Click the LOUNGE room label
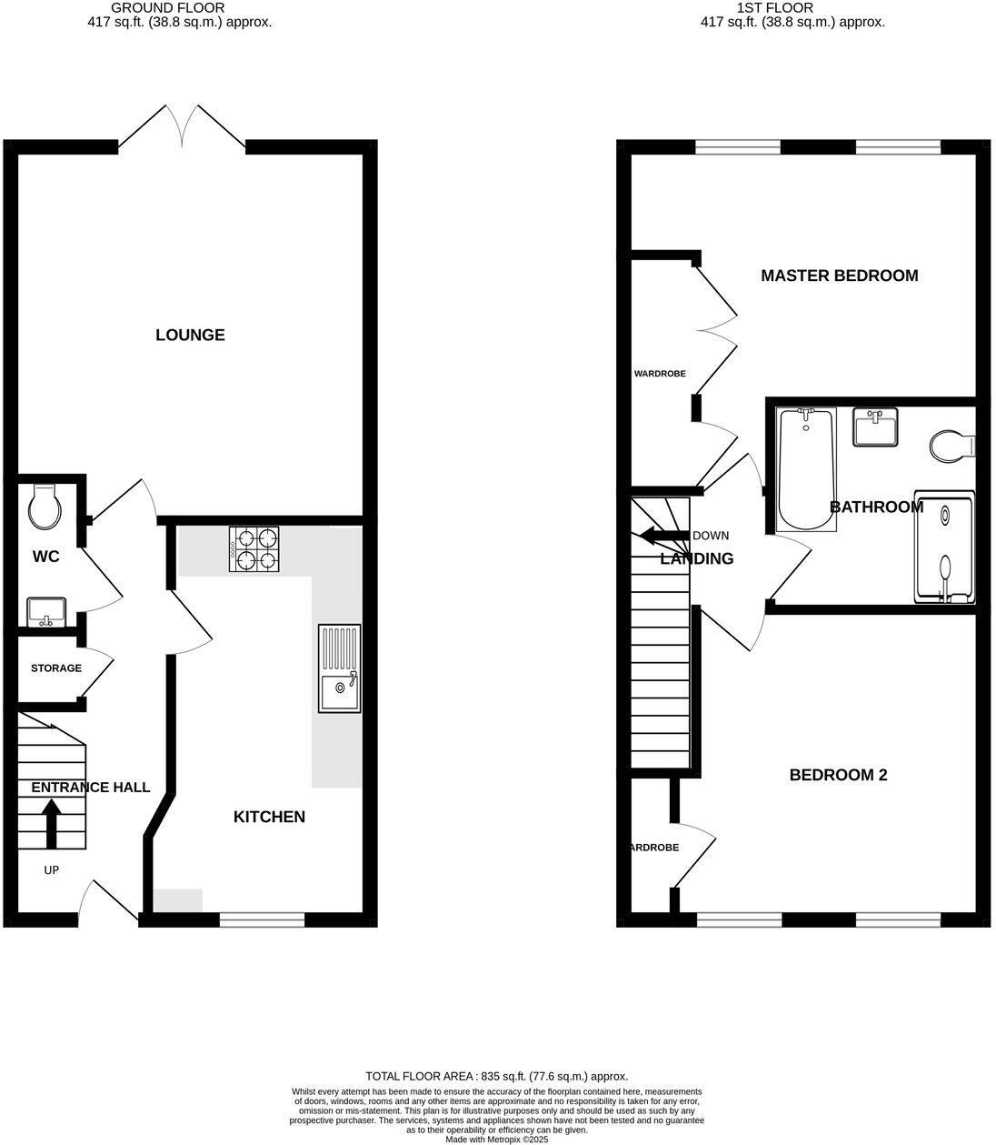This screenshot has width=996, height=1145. pyautogui.click(x=190, y=335)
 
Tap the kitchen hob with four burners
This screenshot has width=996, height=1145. pyautogui.click(x=254, y=550)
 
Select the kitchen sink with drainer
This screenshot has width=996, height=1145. pyautogui.click(x=339, y=668)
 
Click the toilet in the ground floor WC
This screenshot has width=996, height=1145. pyautogui.click(x=45, y=507)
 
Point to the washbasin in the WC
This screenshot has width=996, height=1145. pyautogui.click(x=45, y=611)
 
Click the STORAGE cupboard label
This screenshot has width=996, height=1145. pyautogui.click(x=56, y=668)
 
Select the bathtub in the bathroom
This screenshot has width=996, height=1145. pyautogui.click(x=805, y=469)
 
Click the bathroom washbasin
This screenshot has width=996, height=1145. pyautogui.click(x=876, y=427)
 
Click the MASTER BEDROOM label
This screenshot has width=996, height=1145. pyautogui.click(x=839, y=276)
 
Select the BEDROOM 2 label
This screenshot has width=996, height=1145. pyautogui.click(x=838, y=775)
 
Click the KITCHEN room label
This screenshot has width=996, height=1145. pyautogui.click(x=269, y=817)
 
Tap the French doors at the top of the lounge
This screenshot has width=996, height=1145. pyautogui.click(x=182, y=128)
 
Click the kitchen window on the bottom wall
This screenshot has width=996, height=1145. pyautogui.click(x=262, y=920)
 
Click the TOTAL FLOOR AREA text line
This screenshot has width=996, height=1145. pyautogui.click(x=496, y=1076)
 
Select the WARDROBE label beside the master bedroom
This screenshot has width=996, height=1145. pyautogui.click(x=660, y=374)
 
